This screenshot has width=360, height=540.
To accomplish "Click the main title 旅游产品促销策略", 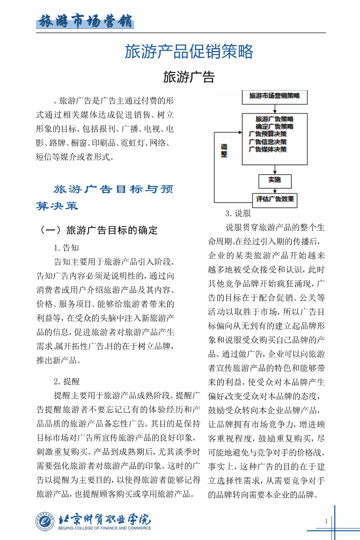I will point(189,51).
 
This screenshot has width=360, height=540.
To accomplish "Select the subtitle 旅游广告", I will point(189,78).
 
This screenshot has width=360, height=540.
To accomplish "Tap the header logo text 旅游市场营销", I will point(86,22).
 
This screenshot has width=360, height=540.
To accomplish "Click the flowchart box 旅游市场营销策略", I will point(274,95).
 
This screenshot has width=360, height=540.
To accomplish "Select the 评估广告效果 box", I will point(274,199).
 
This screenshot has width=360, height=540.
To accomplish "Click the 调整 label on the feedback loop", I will point(224,150).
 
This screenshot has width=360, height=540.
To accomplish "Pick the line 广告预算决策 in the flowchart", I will point(268,134).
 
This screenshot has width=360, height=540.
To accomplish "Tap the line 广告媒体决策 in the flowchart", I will point(268,149).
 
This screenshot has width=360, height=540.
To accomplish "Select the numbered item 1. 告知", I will point(66,248).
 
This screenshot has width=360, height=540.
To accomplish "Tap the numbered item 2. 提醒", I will point(66,381).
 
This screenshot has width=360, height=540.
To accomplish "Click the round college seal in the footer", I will point(44,522).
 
